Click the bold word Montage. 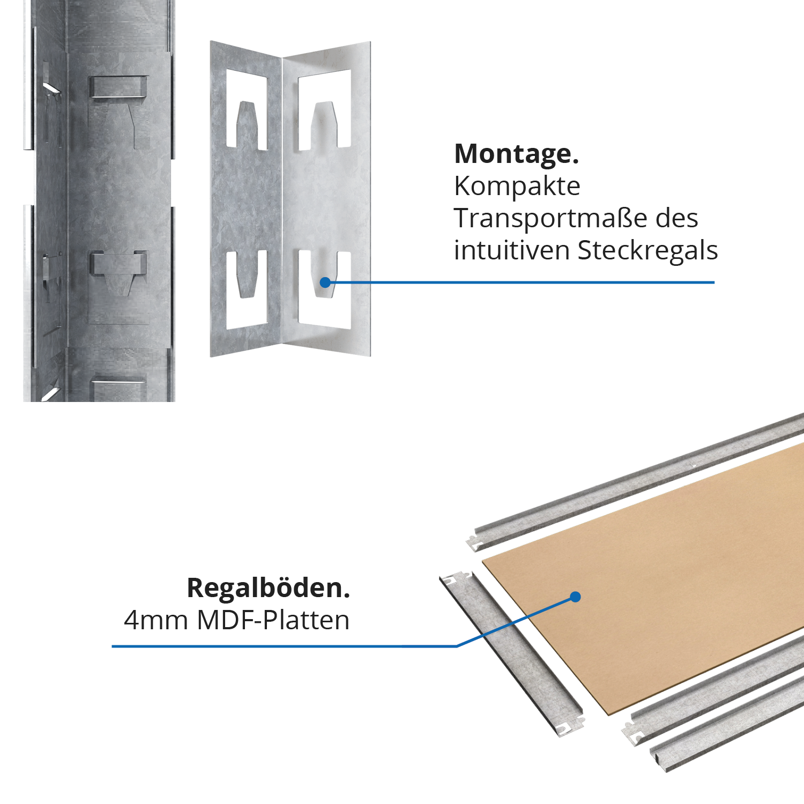pos(516,154)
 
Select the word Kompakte pos(517,187)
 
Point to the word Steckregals pos(647,251)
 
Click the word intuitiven pos(511,251)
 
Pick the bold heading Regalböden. pos(268,588)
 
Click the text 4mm pos(156,620)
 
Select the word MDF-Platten pos(273,620)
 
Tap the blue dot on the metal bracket pos(325,282)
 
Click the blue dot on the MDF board pos(576,597)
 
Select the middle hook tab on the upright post pos(118,265)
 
